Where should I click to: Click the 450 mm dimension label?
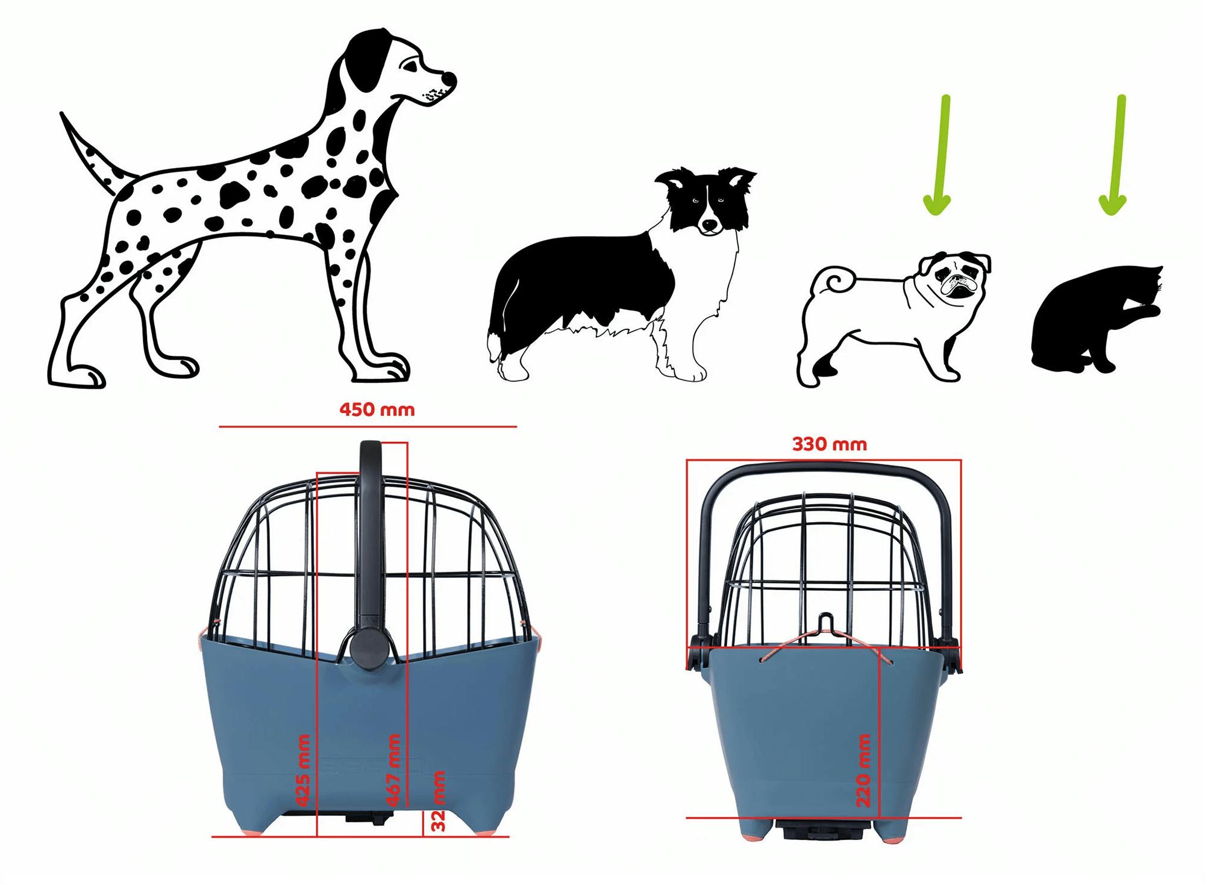pos(377,410)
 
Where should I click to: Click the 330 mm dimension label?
pos(829,444)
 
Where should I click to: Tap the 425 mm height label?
pos(303,770)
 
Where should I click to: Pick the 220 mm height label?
pos(863,770)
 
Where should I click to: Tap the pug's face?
pos(956,277)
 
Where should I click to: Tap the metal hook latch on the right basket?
pos(827,627)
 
